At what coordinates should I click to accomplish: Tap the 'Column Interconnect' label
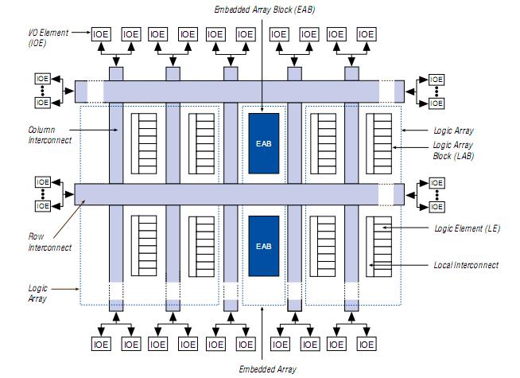click(x=49, y=134)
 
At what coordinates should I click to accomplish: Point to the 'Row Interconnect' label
click(x=49, y=242)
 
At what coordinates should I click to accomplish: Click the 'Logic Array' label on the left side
click(x=37, y=294)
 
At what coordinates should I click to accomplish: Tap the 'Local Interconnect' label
click(x=466, y=265)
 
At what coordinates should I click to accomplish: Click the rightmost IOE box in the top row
click(x=366, y=34)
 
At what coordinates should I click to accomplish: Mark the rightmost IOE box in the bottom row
click(x=366, y=345)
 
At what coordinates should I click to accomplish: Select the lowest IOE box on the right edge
click(x=437, y=206)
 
